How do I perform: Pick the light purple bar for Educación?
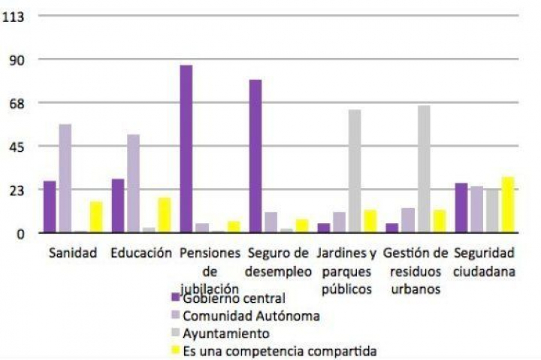[x=133, y=183]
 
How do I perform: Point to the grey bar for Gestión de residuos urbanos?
[x=425, y=169]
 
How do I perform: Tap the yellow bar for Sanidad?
[x=96, y=217]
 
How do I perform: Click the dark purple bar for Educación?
[x=118, y=206]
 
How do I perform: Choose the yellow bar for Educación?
[x=164, y=215]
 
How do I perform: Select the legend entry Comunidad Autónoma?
[x=245, y=316]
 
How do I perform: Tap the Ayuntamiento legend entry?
[x=224, y=333]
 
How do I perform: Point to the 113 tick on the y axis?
[x=15, y=17]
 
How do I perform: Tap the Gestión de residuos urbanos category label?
[x=416, y=271]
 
